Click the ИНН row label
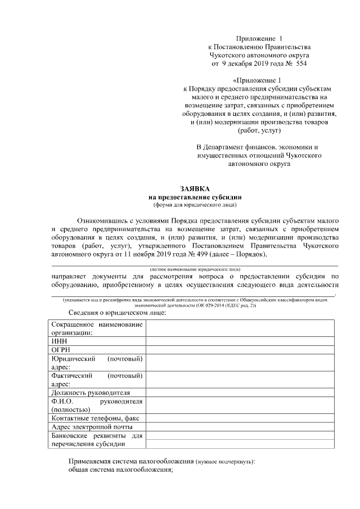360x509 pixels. (x=58, y=341)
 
